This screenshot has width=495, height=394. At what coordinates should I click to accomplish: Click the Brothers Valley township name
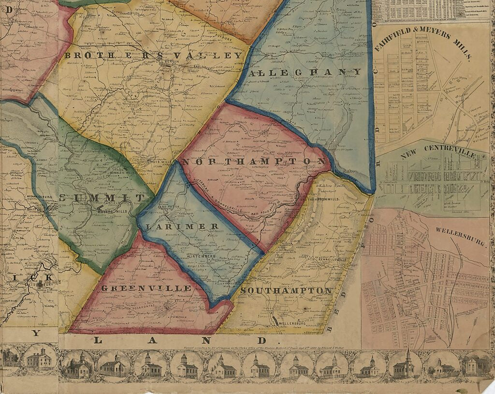(x=153, y=56)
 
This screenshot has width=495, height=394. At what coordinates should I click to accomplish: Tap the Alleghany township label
(x=305, y=72)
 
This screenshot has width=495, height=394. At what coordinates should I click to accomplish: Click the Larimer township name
(x=182, y=226)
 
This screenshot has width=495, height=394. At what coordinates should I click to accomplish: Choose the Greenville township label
(x=146, y=288)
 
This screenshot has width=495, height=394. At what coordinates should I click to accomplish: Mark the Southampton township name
(x=286, y=290)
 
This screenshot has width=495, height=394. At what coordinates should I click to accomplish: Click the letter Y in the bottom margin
(x=36, y=333)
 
